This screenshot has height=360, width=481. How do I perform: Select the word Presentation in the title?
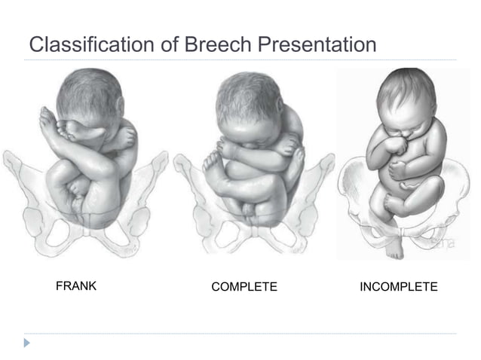point(317,44)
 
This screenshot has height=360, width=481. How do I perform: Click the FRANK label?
point(76,286)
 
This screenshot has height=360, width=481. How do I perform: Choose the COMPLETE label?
point(244,287)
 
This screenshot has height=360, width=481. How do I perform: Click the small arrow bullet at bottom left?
point(29,343)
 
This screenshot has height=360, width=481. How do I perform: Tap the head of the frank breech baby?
point(90,98)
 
